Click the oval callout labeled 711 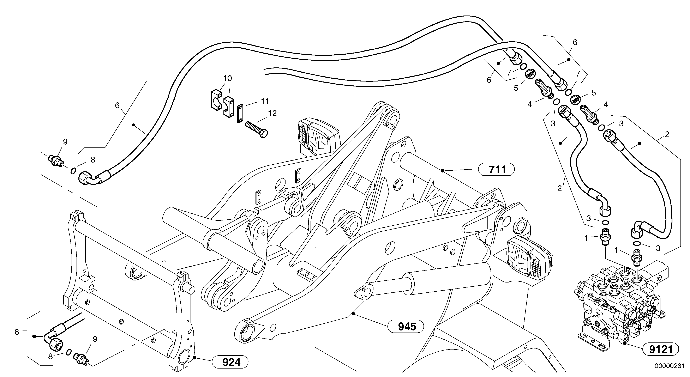(497, 170)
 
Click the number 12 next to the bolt (272, 113)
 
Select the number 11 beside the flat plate (265, 101)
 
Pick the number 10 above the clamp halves (227, 78)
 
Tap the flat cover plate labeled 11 (240, 113)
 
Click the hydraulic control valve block (619, 308)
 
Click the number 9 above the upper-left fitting (65, 142)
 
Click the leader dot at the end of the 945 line (353, 314)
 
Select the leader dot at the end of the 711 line (443, 171)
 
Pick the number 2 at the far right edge (667, 134)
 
